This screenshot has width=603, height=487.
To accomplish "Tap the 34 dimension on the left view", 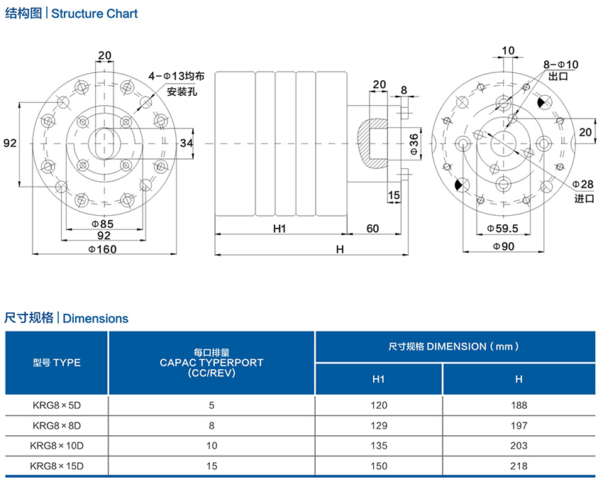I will click(x=186, y=143).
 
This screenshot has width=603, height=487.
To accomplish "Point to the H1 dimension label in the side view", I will click(x=279, y=228).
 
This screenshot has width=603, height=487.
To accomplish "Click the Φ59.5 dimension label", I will click(x=503, y=228).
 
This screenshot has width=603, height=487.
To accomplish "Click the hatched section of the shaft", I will click(x=370, y=142).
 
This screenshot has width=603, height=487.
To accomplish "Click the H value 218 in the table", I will click(x=519, y=466).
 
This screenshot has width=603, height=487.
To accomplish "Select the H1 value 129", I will click(x=379, y=425).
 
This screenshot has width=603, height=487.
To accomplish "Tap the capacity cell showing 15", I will click(x=211, y=466).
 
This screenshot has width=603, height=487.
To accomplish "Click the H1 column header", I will click(x=379, y=379).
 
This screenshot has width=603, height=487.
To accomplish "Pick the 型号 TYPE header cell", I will click(x=57, y=363).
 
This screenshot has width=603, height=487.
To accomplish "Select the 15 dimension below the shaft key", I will click(x=394, y=195).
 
